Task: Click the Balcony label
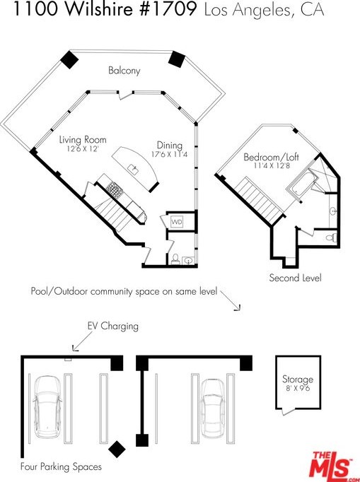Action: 124,71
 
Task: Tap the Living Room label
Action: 83,140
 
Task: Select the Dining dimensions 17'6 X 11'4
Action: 169,154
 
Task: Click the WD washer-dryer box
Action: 177,222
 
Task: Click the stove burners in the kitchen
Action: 115,189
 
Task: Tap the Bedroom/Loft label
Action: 271,157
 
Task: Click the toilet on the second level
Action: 332,237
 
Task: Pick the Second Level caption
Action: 296,278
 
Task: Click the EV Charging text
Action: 113,326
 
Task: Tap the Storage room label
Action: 298,379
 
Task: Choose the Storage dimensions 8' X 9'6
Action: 298,388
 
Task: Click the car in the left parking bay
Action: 47,406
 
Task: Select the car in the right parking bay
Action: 212,408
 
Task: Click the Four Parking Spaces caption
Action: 61,466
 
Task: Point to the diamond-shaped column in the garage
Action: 117,449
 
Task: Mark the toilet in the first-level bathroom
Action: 175,259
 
